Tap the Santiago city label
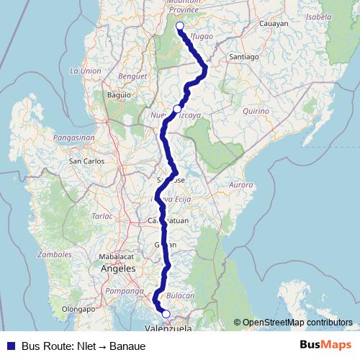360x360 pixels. coord(243,56)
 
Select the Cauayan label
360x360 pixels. coord(273,24)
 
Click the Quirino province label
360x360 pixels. coord(256,112)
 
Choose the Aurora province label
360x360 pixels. coord(241,185)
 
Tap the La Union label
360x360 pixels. coord(85,71)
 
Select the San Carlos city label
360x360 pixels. coord(86,161)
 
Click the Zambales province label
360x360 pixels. coord(55,254)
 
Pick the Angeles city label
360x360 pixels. coord(118,269)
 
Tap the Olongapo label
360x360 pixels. coord(78,308)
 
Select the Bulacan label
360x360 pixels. coord(181,295)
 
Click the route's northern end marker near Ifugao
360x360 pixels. coord(179,26)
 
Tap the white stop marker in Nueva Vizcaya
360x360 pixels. coord(177,109)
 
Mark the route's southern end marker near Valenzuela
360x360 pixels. coord(166,314)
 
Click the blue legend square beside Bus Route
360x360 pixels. coord(11,346)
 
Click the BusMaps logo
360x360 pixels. coord(325,345)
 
